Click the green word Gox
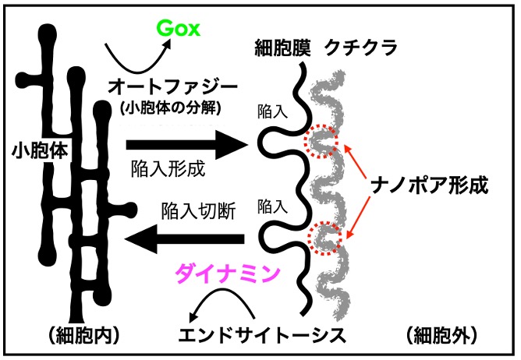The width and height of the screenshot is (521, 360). pyautogui.click(x=179, y=30)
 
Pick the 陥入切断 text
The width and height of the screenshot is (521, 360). pyautogui.click(x=198, y=209)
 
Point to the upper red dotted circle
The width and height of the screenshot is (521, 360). pyautogui.click(x=321, y=141)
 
